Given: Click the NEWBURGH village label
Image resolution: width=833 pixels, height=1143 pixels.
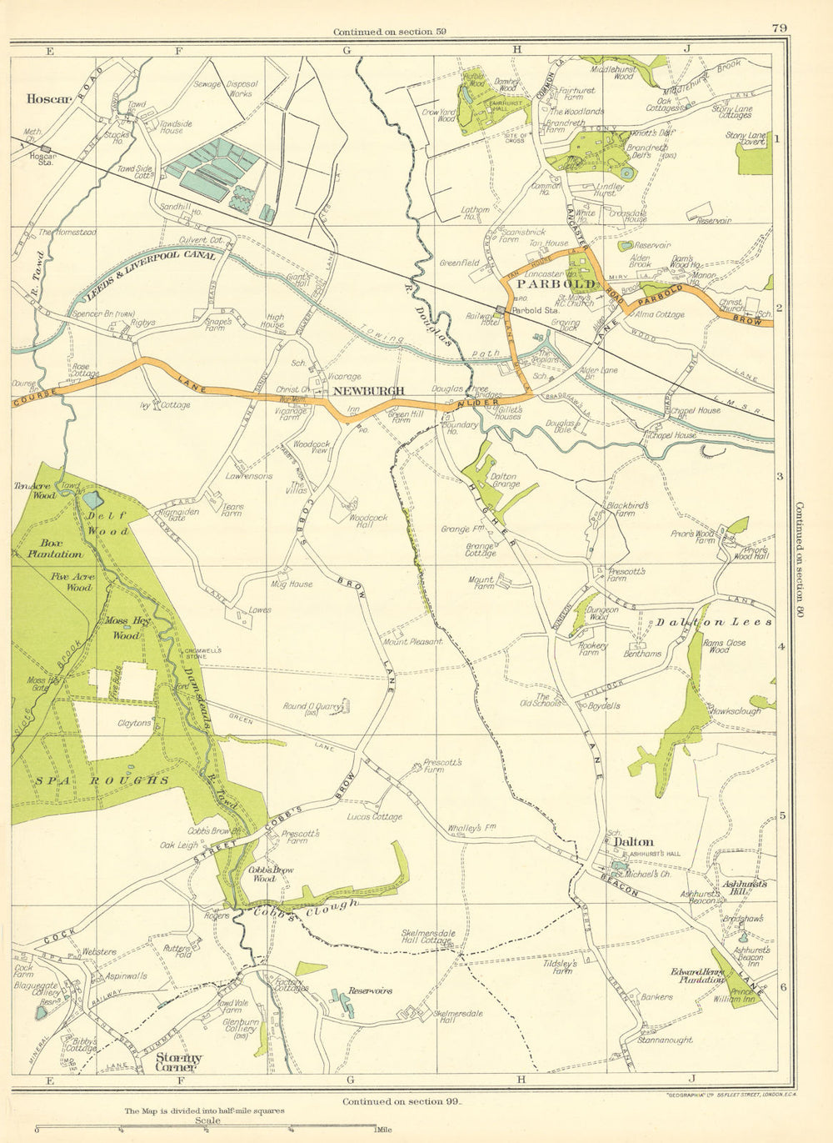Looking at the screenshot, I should point(368,390).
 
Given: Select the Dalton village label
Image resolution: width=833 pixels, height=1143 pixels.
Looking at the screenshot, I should point(633,842).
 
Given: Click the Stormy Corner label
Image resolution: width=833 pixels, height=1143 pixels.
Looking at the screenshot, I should point(178,1062).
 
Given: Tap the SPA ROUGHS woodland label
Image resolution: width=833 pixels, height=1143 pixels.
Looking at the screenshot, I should point(102,780).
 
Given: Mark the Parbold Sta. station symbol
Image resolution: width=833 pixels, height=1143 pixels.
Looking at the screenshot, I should point(501,310).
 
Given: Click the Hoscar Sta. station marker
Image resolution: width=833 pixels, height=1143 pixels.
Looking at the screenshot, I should point(46,148).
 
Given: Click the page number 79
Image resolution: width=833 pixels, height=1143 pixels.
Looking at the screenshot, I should point(779,28).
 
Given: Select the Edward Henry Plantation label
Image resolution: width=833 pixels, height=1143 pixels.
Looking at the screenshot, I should point(697,976).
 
